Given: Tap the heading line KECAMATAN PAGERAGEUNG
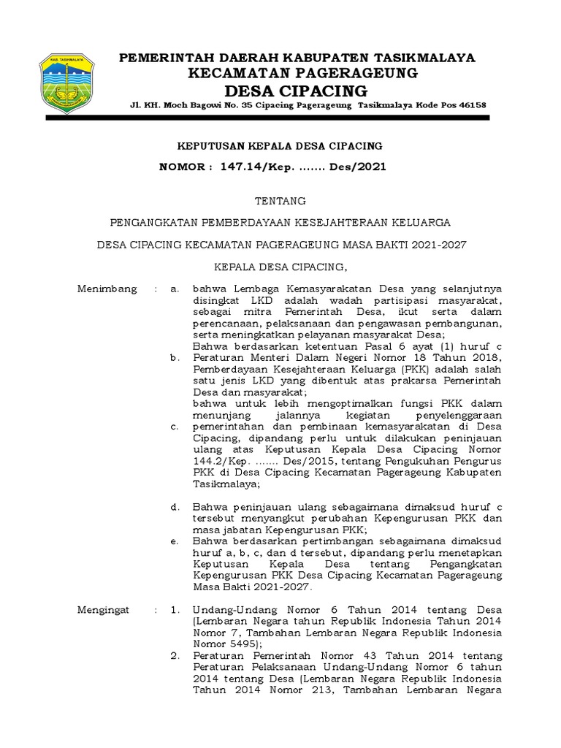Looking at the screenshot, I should click(x=302, y=72).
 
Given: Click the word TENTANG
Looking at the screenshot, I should click(x=280, y=201).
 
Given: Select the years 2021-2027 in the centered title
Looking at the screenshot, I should click(x=435, y=245).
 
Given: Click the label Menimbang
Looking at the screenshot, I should click(x=107, y=289).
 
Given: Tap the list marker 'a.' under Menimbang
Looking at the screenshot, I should click(x=175, y=289).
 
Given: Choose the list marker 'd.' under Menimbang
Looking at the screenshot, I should click(x=175, y=507).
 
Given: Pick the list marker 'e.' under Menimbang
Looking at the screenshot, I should click(x=175, y=541).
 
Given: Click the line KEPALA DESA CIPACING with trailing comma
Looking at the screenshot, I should click(x=280, y=267).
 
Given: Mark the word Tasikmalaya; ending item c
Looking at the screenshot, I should click(x=226, y=484).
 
